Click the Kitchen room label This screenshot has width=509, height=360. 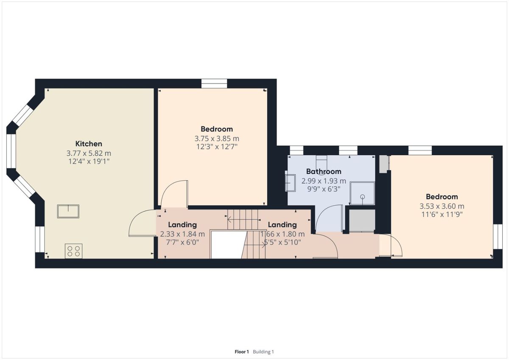(89, 144)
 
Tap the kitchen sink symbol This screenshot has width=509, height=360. (68, 212)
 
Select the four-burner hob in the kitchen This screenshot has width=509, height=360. (74, 251)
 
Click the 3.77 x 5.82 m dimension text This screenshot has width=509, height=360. (89, 153)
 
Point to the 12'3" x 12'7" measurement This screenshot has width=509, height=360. (217, 147)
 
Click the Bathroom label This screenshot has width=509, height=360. (324, 171)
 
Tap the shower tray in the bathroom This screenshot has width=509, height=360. (362, 193)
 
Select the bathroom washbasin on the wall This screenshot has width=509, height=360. (291, 183)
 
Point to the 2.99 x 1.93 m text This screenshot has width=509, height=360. (324, 181)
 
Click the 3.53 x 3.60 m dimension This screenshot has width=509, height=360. (442, 206)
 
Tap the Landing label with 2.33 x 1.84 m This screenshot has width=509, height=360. (182, 225)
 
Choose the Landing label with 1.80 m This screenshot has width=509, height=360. (282, 225)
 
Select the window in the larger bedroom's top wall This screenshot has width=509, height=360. (214, 84)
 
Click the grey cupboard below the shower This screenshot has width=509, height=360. (362, 220)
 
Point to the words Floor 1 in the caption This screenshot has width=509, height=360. (242, 352)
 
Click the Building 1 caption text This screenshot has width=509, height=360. (263, 352)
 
